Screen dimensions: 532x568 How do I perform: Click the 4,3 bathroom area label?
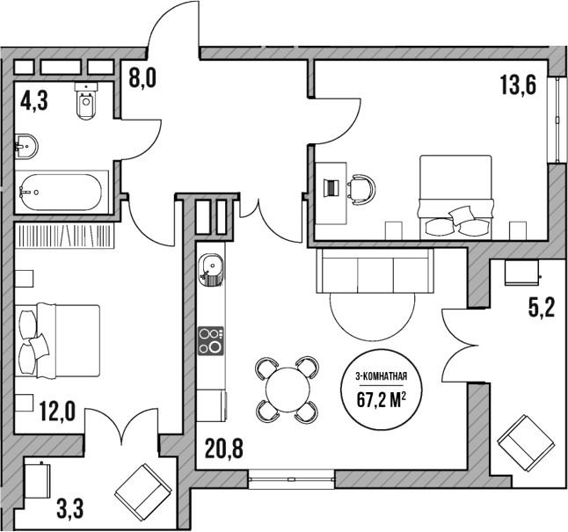pos(34,100)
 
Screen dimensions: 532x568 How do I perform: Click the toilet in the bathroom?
pos(86,105)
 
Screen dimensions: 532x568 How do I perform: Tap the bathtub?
pos(62,191)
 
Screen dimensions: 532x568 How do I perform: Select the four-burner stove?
pos(210,339)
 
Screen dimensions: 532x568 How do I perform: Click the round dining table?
pos(287,387)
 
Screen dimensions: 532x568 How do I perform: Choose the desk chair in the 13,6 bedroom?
pos(360,186)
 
